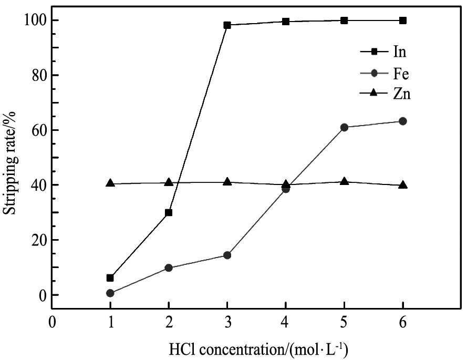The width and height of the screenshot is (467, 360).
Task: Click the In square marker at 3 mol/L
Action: point(227,25)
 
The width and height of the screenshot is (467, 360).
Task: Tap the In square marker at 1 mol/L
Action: point(110,277)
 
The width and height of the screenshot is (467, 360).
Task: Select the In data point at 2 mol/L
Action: point(169,212)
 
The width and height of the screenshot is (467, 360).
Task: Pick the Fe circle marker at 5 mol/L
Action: point(344,127)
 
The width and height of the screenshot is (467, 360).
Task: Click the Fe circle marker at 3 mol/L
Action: point(227,255)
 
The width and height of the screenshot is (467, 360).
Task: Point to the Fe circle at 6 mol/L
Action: point(403,121)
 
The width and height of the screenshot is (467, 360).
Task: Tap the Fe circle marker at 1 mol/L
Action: point(110,293)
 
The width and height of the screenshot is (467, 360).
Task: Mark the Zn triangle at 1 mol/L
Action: point(110,183)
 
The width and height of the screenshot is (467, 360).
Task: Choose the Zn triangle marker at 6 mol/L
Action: point(403,184)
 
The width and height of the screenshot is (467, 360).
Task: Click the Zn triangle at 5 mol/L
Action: point(344,181)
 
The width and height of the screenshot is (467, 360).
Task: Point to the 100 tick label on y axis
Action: point(35,20)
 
